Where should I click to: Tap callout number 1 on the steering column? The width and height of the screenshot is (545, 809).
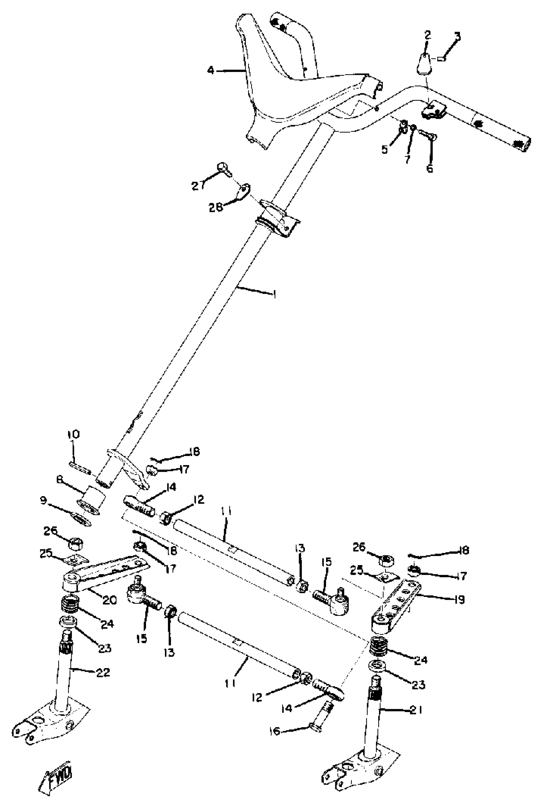tap(275, 295)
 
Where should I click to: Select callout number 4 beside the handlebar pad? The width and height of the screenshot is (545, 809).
tap(211, 71)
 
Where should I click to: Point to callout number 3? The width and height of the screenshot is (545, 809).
tap(457, 36)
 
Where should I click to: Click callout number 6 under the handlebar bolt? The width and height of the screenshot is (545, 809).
tap(430, 168)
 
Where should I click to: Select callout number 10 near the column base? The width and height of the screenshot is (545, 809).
tap(73, 435)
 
